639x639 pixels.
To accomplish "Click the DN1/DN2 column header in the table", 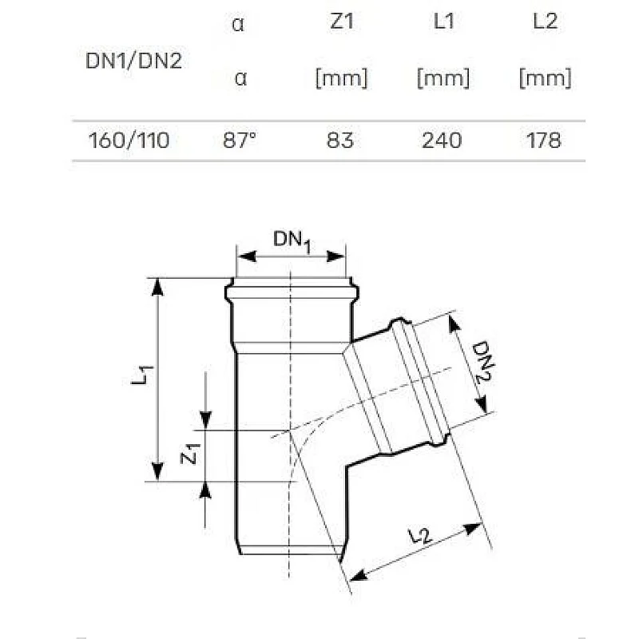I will pos(133,62).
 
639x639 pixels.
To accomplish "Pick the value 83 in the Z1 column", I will pos(341,141).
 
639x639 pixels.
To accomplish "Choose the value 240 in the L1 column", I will pos(443,141).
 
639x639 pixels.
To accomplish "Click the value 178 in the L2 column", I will pos(545,141).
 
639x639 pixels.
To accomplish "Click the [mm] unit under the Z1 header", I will pos(341,78).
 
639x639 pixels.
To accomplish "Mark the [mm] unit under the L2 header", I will pos(545,78).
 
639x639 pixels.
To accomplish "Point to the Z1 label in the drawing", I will pos(189,455).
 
